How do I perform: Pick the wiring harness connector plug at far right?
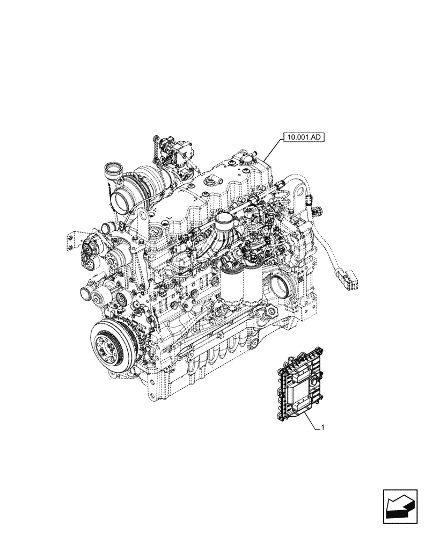tap(351, 280)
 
